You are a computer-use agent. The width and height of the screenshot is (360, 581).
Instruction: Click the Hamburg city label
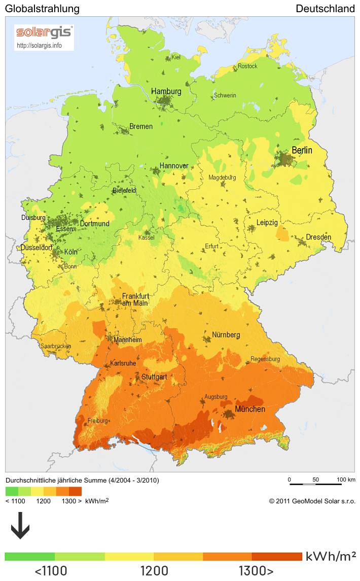[x=166, y=91]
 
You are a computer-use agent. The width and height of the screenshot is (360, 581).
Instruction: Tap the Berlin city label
[x=302, y=151]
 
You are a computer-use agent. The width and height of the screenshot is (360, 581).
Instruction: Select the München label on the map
[x=249, y=409]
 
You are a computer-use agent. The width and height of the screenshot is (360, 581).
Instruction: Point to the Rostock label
[x=247, y=66]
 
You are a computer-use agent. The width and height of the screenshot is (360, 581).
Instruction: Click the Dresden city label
[x=318, y=237]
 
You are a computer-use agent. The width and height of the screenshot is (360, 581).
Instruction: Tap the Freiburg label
[x=98, y=421]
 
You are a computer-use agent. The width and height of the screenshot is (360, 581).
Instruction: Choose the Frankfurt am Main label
[x=135, y=299]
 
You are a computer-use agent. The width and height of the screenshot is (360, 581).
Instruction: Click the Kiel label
[x=176, y=57]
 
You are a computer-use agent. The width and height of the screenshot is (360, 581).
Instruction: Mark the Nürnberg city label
[x=226, y=335]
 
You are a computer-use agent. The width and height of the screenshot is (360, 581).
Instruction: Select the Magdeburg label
[x=222, y=178]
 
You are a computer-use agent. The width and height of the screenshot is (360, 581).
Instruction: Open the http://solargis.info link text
[x=39, y=45]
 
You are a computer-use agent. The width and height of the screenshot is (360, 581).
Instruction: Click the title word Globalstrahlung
[x=42, y=9]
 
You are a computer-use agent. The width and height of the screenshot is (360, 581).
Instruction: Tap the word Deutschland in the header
[x=325, y=9]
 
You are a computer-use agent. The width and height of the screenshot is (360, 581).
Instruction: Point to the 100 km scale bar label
[x=346, y=480]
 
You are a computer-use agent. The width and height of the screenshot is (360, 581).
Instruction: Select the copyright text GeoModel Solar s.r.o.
[x=312, y=501]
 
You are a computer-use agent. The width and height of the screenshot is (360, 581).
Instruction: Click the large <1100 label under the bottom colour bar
[x=51, y=571]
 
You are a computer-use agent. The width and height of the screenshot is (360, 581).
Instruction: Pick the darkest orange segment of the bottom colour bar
[x=276, y=557]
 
